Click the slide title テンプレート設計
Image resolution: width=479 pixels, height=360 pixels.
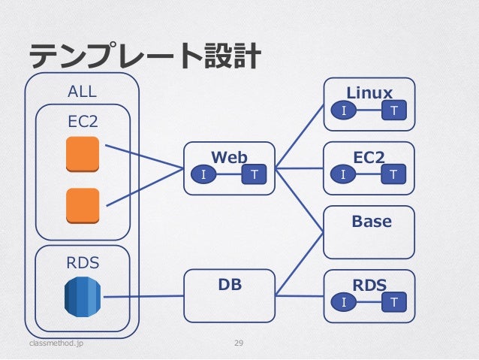coord(145,56)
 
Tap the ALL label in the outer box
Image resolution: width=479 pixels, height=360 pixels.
coord(82,92)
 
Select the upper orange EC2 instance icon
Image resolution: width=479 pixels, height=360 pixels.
coord(83,154)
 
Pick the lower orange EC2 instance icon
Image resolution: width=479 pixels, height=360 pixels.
coord(83,206)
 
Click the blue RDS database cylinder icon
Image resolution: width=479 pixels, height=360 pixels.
coord(83,297)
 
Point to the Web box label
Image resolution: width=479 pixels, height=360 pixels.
coord(229,157)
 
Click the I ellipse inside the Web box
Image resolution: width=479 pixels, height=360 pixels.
coord(203,174)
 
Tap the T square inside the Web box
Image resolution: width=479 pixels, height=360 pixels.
coord(254,174)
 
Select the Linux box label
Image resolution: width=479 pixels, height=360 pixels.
coord(369,92)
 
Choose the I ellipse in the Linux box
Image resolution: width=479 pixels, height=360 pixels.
coord(344,110)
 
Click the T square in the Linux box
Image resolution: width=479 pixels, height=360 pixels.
coord(394,110)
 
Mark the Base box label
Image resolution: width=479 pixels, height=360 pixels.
coord(372,221)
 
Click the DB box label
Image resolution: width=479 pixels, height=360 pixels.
coord(230,284)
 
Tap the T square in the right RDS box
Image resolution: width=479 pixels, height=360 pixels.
coord(394,302)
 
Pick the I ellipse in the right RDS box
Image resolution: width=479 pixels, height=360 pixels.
coord(344,302)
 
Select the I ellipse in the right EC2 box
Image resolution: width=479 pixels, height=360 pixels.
coord(343,174)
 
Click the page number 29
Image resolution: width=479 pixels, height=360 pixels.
coord(239,343)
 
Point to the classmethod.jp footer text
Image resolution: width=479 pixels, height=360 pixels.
coord(56,343)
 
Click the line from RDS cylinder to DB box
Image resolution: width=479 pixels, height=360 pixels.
coord(143,296)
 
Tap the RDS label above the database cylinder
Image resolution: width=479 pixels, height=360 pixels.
coord(83,263)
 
